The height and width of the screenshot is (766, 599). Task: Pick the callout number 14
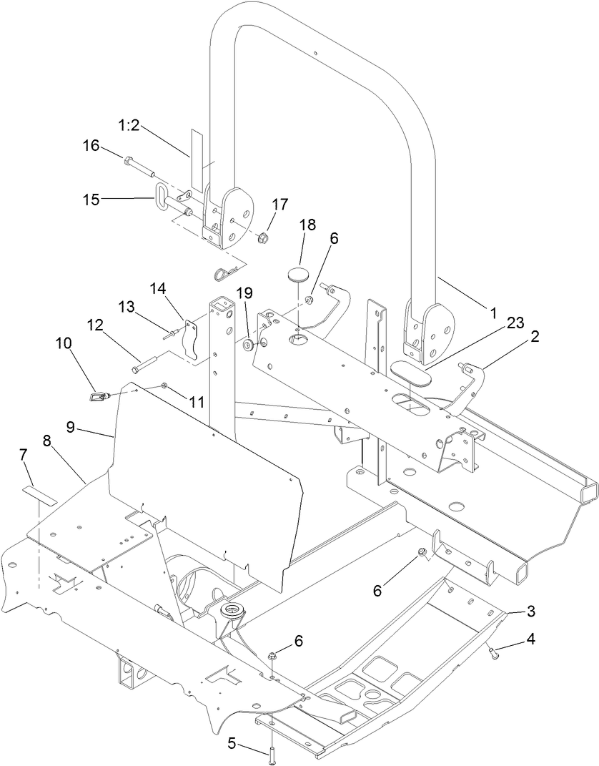(157, 288)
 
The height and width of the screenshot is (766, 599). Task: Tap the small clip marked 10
(97, 395)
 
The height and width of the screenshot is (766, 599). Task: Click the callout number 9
(70, 426)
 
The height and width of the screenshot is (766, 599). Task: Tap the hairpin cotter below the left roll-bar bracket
(224, 272)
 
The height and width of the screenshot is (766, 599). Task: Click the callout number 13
(127, 306)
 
